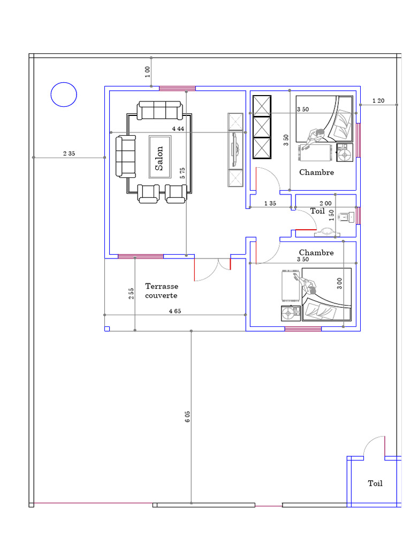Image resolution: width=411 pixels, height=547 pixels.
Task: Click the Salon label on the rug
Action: [159, 158]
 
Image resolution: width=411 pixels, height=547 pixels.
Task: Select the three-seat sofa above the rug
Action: [159, 110]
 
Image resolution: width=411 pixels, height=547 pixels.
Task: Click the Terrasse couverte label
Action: [162, 291]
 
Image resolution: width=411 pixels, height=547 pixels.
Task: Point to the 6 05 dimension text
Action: [188, 417]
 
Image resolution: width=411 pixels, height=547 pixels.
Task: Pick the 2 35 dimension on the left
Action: [69, 153]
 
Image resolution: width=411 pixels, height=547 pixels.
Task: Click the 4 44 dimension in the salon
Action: [178, 129]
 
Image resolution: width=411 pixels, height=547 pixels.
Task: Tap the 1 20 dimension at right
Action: [378, 101]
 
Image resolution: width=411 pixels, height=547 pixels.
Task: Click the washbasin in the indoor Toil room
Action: [327, 232]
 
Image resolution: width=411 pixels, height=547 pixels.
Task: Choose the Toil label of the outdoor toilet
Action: [375, 483]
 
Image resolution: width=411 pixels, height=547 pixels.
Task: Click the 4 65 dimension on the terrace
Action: [175, 311]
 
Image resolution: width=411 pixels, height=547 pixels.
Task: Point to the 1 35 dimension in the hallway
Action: [270, 204]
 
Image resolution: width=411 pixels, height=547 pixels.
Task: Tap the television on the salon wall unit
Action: [235, 150]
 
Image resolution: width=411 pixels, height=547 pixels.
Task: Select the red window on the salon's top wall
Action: [177, 88]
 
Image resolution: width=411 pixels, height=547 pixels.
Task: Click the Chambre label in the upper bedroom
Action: [317, 173]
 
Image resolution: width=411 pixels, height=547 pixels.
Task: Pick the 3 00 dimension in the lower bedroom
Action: [339, 283]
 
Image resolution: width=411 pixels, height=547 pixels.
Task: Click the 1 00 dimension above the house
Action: [148, 72]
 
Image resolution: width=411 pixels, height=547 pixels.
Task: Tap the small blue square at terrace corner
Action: [107, 329]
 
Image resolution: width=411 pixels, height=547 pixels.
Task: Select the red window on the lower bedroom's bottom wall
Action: [303, 329]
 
